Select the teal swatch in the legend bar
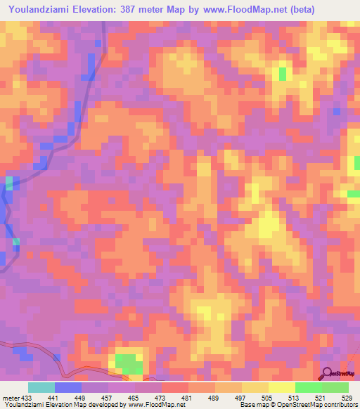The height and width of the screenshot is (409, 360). [41, 387]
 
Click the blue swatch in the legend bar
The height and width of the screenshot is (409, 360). [68, 387]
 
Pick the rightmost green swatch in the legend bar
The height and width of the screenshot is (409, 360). [335, 387]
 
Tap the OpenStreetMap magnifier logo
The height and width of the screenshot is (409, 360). [328, 373]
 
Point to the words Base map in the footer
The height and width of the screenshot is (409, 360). [254, 405]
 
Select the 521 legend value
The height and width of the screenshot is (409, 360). [319, 397]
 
